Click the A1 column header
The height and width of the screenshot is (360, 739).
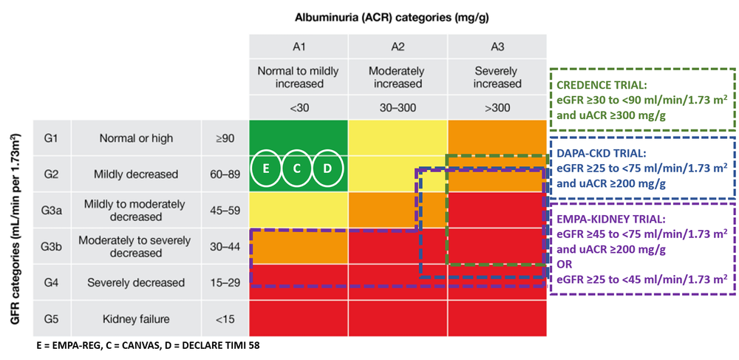pyautogui.click(x=299, y=47)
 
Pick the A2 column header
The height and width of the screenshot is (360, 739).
pyautogui.click(x=398, y=47)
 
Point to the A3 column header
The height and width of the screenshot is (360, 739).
pyautogui.click(x=497, y=47)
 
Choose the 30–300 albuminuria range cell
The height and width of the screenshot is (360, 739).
pyautogui.click(x=398, y=108)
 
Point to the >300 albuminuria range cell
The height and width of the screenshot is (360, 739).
pyautogui.click(x=497, y=108)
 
